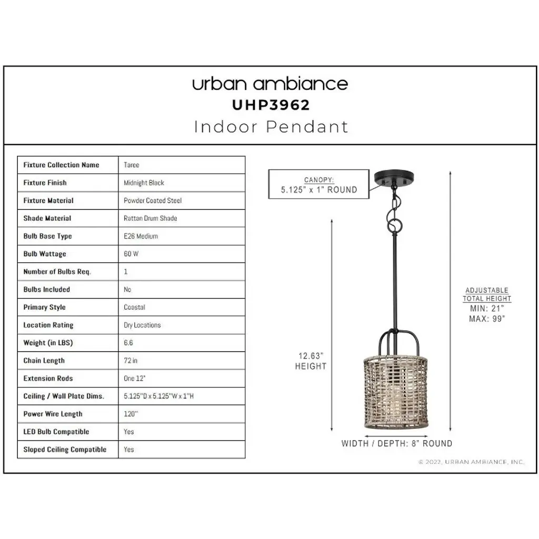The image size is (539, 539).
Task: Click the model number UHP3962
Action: (x=271, y=105)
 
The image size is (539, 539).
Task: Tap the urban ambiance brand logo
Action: (x=270, y=84)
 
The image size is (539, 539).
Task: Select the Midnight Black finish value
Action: (x=144, y=183)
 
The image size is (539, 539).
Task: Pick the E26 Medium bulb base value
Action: (x=141, y=236)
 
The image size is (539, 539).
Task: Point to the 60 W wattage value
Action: (x=131, y=254)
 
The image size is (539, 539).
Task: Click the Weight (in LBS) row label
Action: (x=48, y=343)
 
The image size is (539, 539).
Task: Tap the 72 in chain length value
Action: (x=131, y=360)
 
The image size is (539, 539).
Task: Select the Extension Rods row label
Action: (x=48, y=378)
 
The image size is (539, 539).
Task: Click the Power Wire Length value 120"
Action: (x=131, y=414)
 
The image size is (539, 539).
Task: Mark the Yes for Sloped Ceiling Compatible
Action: (x=129, y=450)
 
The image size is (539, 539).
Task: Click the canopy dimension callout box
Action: (x=318, y=184)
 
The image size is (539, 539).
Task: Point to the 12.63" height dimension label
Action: (x=311, y=361)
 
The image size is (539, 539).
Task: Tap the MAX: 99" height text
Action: (x=487, y=318)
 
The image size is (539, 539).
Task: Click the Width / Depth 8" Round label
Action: (x=397, y=443)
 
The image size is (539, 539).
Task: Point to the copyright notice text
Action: (x=471, y=462)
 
